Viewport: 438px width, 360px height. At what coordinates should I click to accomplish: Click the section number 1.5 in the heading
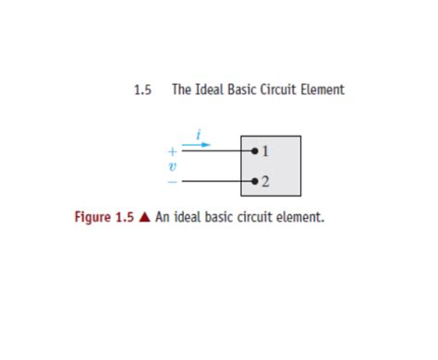tap(141, 90)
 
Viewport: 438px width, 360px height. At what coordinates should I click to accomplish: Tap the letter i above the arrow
tap(201, 135)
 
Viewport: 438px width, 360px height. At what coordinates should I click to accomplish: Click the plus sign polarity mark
tap(172, 150)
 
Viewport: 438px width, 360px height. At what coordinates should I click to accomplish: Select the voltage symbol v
tap(172, 165)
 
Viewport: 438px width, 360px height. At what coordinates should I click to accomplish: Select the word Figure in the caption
tap(94, 219)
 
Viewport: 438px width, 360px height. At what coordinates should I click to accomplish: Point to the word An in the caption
tap(163, 219)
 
